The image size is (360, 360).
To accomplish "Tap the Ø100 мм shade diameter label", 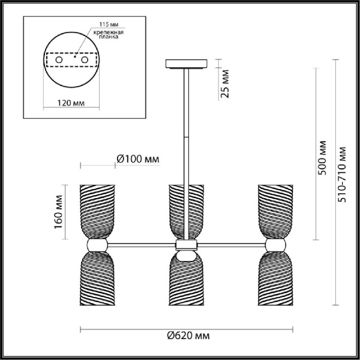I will click(x=137, y=159).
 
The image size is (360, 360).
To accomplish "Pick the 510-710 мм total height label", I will click(x=342, y=174).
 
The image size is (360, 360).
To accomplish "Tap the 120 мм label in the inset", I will click(x=71, y=103).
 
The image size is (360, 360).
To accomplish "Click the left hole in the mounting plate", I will click(x=59, y=61).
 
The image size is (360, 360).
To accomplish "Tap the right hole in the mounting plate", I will click(x=84, y=61).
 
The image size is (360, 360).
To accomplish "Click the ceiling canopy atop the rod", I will click(x=185, y=62).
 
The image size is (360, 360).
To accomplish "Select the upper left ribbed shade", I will click(x=96, y=210).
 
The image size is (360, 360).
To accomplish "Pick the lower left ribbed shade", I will click(x=96, y=279).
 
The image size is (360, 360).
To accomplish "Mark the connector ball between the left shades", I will click(x=96, y=245).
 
